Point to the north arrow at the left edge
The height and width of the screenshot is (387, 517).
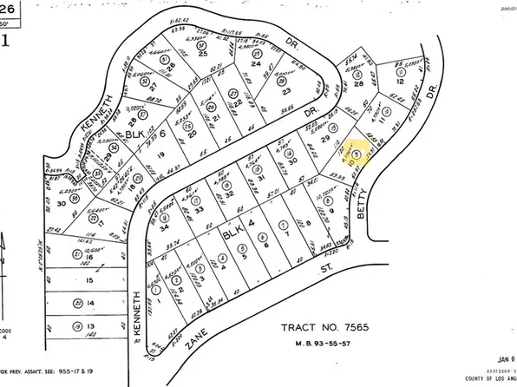pyautogui.click(x=4, y=260)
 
